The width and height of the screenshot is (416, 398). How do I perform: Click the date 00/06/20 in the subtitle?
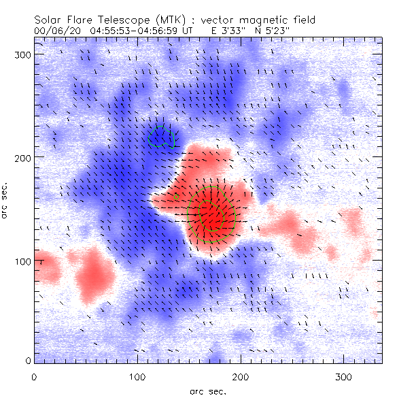coord(53,31)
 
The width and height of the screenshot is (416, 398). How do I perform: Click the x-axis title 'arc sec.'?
coord(207,391)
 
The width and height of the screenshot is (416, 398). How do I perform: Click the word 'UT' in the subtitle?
coord(190,31)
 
